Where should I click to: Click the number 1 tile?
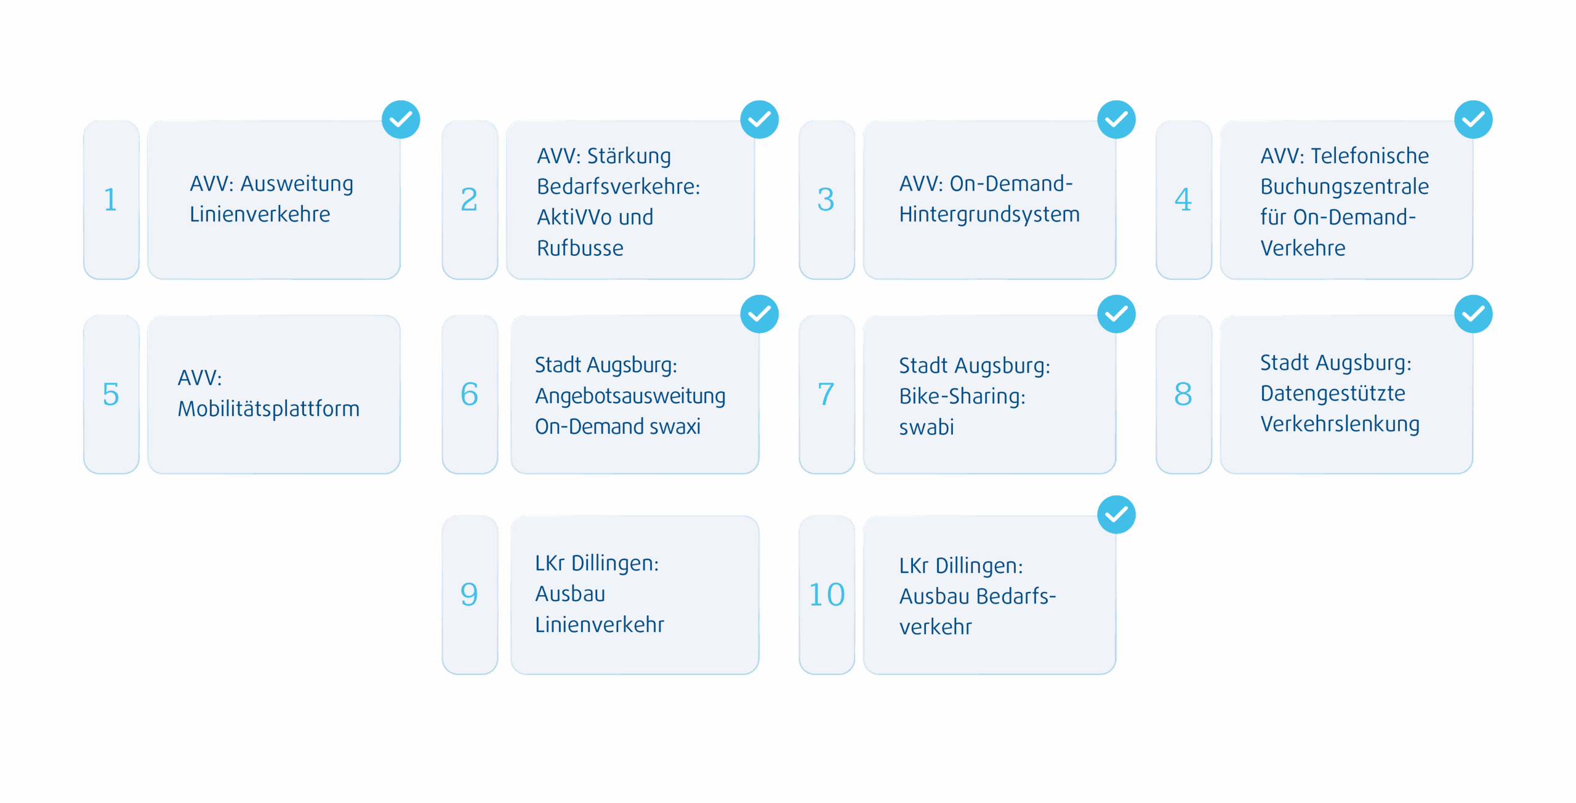(111, 200)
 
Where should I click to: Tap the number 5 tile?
(111, 394)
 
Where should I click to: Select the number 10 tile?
(827, 595)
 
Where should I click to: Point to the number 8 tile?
(1183, 394)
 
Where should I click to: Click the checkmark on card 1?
(401, 119)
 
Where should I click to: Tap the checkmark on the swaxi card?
(760, 314)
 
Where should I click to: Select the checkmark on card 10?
(1117, 514)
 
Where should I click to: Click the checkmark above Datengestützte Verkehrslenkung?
(1473, 314)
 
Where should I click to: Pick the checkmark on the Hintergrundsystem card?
(1117, 119)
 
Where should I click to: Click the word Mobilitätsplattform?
(268, 409)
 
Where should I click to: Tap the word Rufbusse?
(580, 249)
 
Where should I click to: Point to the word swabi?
(927, 427)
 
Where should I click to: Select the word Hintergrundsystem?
(989, 215)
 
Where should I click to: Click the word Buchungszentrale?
(1345, 186)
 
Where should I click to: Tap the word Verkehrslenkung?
(1340, 425)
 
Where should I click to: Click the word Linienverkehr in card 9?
(600, 625)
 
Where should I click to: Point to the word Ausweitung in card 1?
(297, 184)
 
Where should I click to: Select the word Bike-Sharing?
(962, 397)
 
